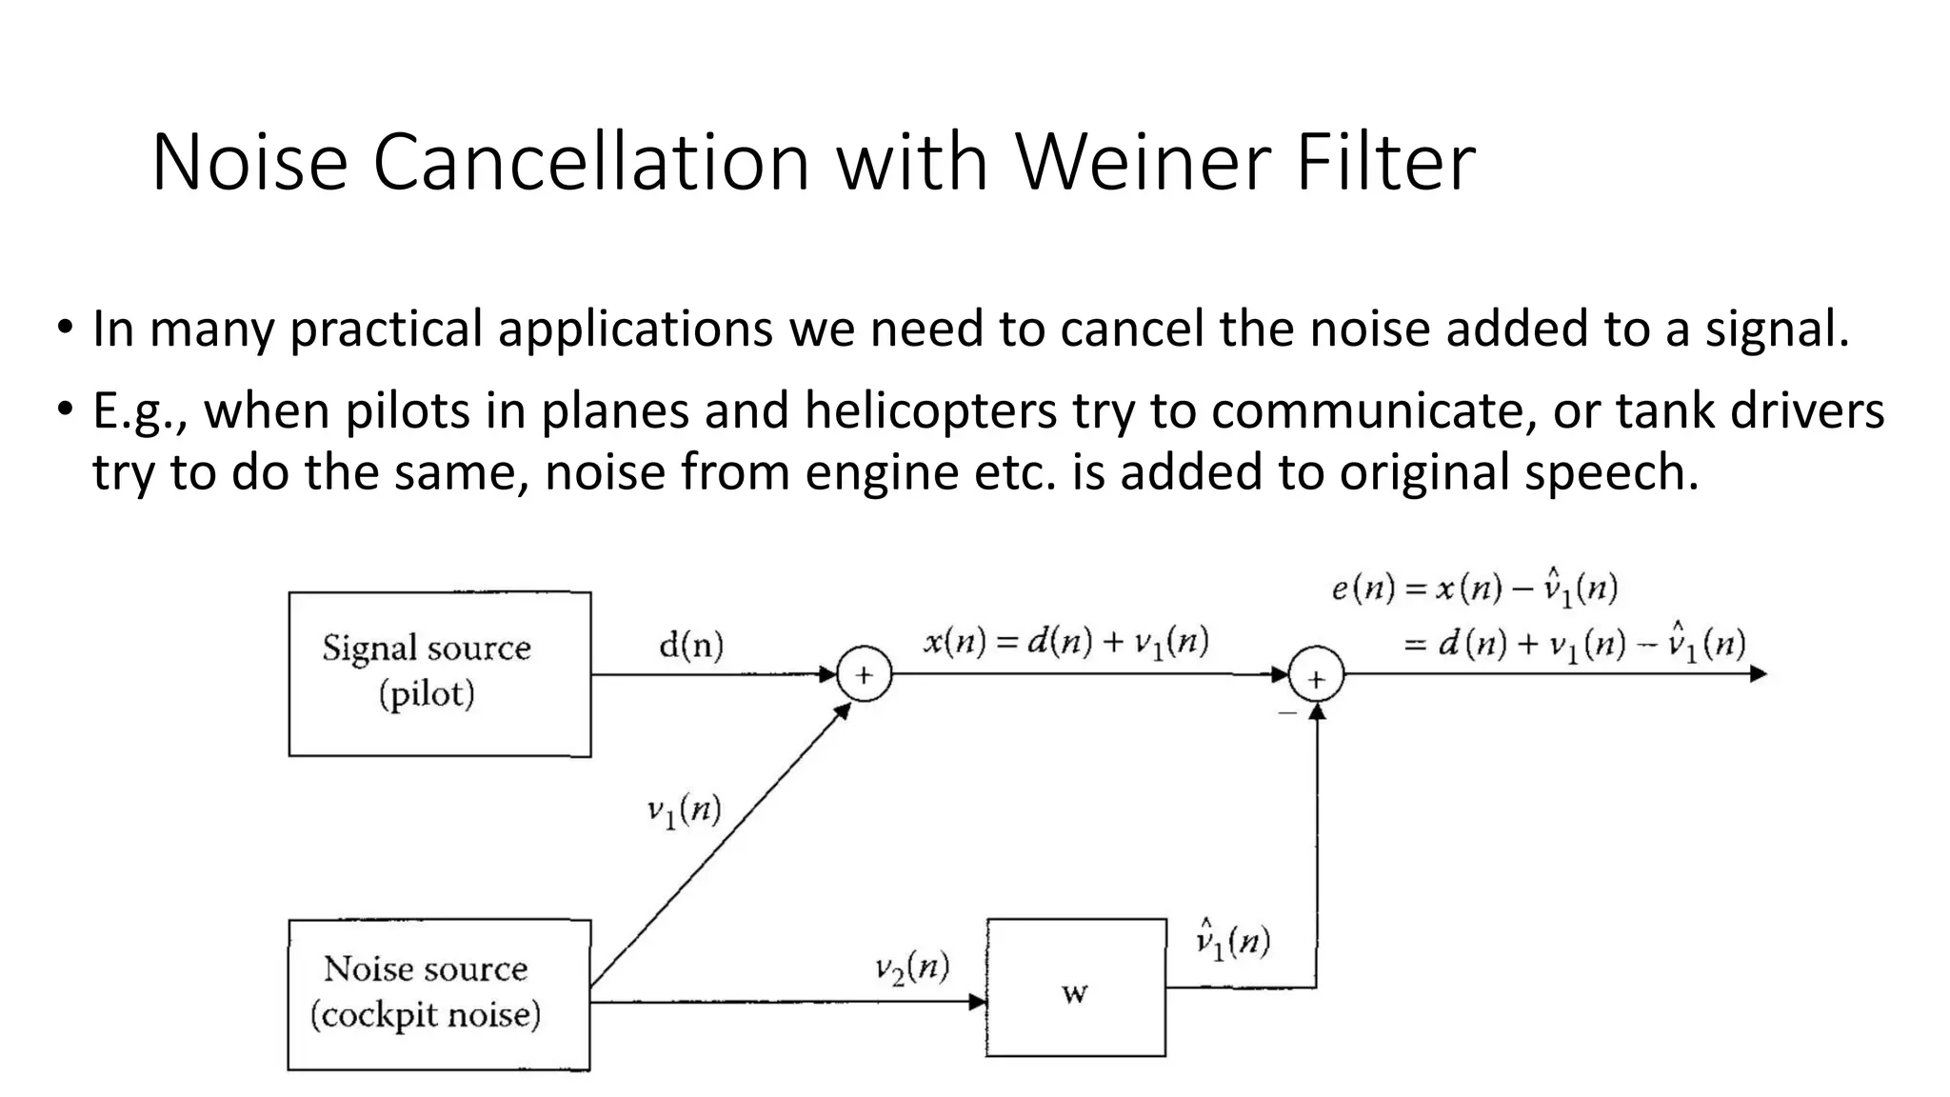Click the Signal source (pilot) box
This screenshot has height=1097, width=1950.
point(439,673)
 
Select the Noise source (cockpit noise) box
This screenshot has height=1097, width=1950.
point(439,994)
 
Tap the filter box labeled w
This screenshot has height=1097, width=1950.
point(1076,987)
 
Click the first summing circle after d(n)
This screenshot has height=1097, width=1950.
point(864,674)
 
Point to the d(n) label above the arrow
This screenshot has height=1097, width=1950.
point(691,647)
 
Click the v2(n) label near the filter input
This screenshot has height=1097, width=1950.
point(911,968)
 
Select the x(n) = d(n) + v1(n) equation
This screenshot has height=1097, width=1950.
point(1065,642)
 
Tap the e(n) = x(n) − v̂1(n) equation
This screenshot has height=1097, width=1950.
point(1474,588)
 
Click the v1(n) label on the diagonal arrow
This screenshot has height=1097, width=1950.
point(684,811)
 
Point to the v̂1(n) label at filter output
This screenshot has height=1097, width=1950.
point(1233,940)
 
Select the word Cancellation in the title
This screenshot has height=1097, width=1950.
point(591,162)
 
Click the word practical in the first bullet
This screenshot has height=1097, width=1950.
point(387,329)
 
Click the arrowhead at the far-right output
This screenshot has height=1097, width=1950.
point(1758,673)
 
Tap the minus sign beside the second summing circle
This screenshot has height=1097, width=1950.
point(1287,711)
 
